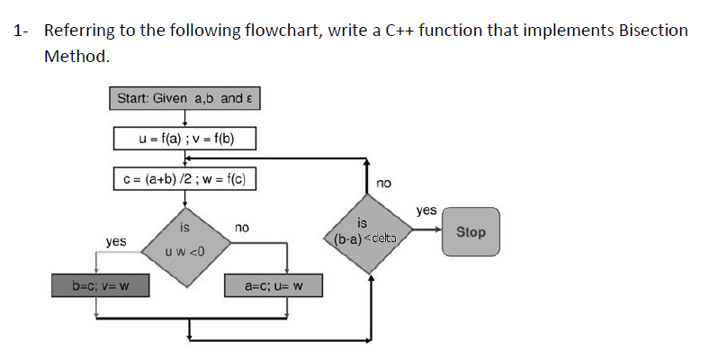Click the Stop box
(470, 232)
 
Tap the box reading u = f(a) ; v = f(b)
(185, 138)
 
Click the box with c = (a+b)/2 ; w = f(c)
(185, 178)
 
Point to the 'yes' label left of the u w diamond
(115, 242)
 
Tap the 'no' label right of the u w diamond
(241, 229)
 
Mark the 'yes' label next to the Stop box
(426, 210)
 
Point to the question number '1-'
(21, 31)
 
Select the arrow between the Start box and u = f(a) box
(185, 118)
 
